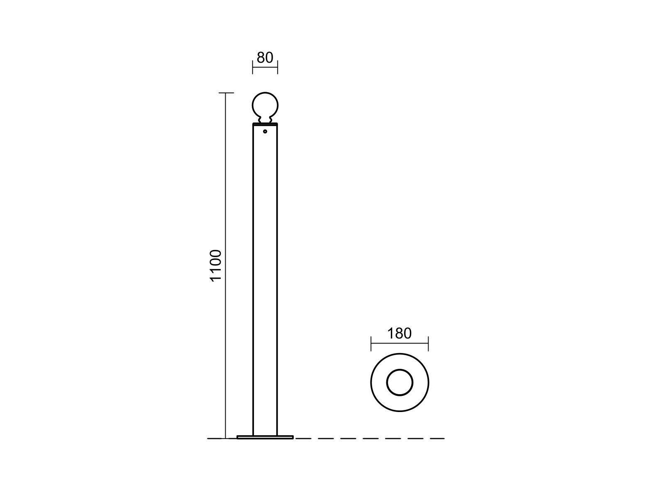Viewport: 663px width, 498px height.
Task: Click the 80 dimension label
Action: click(265, 57)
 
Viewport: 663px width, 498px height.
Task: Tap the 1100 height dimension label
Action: click(216, 266)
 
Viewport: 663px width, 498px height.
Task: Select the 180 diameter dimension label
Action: click(399, 333)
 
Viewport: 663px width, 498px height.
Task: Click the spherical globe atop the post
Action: click(265, 105)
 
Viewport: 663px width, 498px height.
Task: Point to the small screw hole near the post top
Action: click(265, 131)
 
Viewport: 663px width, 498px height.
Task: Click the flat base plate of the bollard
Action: click(265, 437)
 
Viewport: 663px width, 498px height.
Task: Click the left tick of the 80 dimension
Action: click(253, 67)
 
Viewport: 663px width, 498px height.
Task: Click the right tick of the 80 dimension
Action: click(277, 67)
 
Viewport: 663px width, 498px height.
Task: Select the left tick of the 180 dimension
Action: click(371, 343)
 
